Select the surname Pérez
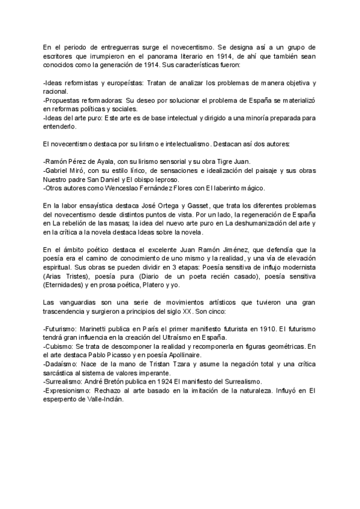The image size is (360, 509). [x=87, y=161]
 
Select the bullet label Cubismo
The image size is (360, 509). [x=61, y=347]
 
